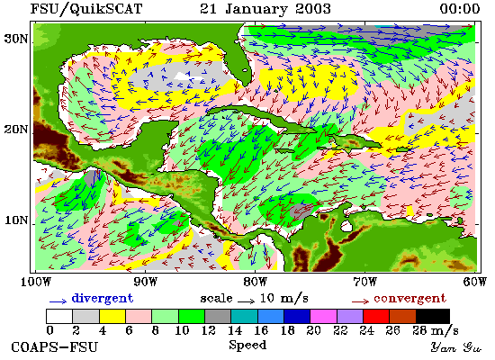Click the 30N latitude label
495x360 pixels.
(x=15, y=39)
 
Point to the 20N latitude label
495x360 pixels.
(x=15, y=130)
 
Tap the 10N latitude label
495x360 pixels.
(x=15, y=220)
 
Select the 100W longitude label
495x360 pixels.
(x=36, y=282)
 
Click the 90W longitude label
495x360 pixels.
(x=145, y=282)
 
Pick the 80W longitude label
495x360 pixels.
(x=255, y=282)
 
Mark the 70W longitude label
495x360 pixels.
(x=364, y=282)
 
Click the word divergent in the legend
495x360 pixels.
(x=103, y=299)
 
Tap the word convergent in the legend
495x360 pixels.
(x=409, y=299)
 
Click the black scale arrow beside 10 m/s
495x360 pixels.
(x=246, y=301)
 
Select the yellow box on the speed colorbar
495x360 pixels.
(x=112, y=316)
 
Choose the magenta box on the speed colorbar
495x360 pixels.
(x=324, y=316)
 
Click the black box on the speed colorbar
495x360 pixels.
(x=433, y=316)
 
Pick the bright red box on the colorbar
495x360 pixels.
(x=376, y=316)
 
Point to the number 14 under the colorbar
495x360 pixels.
(x=235, y=330)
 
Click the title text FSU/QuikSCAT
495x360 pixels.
(x=86, y=9)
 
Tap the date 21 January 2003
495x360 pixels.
(x=265, y=9)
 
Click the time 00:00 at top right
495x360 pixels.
(x=460, y=9)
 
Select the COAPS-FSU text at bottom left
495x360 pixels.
(x=54, y=347)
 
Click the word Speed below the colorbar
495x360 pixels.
(x=247, y=345)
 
